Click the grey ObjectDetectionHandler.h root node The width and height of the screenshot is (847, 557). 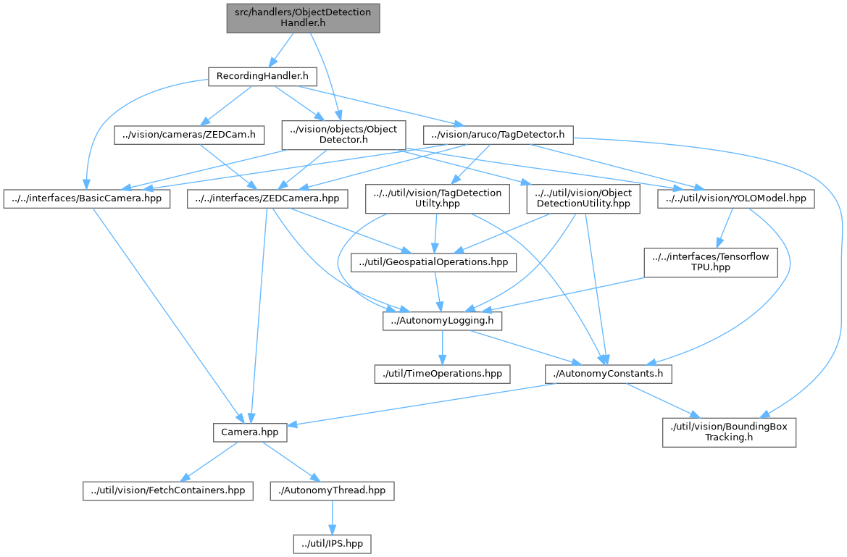[303, 18]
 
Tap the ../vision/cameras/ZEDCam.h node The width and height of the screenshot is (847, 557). [190, 134]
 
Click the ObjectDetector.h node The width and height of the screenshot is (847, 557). [343, 135]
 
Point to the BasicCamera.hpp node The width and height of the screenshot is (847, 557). [87, 198]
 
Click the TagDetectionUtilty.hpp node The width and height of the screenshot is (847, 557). [436, 198]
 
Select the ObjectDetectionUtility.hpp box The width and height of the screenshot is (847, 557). [583, 198]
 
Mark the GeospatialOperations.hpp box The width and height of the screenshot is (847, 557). [433, 261]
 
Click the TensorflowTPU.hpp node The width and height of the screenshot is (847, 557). [711, 261]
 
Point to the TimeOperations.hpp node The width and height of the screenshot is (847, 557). [442, 374]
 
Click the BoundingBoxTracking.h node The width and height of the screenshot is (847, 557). [730, 432]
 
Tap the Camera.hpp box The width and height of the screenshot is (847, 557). [250, 432]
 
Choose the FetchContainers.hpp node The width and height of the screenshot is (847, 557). [167, 490]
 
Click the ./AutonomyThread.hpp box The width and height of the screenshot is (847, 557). [333, 490]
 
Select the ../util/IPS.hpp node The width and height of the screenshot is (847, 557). [333, 543]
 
